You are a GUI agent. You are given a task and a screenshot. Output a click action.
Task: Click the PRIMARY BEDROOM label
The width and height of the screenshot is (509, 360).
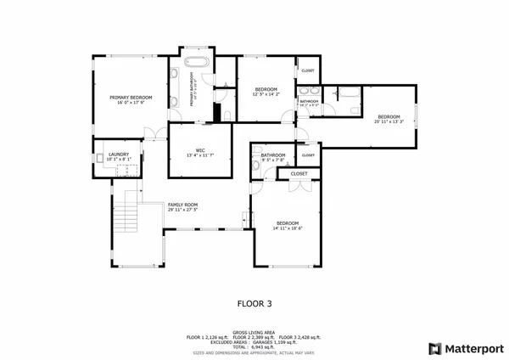pos(130,98)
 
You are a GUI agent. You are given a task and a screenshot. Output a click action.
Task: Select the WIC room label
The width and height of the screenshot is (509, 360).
pos(200,149)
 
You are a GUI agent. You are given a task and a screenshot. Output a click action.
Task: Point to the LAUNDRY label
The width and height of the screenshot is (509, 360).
pos(119,154)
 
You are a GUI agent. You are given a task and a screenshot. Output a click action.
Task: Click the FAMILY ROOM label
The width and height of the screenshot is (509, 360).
pos(182,205)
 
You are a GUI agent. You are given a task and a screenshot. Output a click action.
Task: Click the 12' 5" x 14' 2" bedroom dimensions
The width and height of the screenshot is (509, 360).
pos(266,94)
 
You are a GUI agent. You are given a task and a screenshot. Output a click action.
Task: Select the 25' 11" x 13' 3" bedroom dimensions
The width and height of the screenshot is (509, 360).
pos(389,121)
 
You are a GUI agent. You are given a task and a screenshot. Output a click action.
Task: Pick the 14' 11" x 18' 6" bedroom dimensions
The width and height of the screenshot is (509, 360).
pos(288,228)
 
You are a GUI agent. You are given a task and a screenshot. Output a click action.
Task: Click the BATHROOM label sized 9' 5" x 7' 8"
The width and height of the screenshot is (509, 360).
pos(273,155)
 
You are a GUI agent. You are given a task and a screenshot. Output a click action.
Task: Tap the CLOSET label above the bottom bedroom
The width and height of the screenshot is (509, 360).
pos(299,173)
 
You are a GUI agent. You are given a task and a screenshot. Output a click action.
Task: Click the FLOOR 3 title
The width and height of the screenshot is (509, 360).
pos(254,301)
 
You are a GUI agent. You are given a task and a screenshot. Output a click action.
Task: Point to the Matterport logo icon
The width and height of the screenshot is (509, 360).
pos(435,348)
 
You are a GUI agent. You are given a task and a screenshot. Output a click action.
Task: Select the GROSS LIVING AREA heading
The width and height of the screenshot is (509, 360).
pos(254,333)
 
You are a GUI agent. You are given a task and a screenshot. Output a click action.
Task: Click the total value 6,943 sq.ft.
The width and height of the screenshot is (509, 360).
pos(263,346)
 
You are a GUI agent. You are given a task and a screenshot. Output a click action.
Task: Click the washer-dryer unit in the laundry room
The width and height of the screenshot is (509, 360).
pos(128,168)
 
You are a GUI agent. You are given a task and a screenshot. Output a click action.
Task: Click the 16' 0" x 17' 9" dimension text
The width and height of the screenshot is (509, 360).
pos(130,104)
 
